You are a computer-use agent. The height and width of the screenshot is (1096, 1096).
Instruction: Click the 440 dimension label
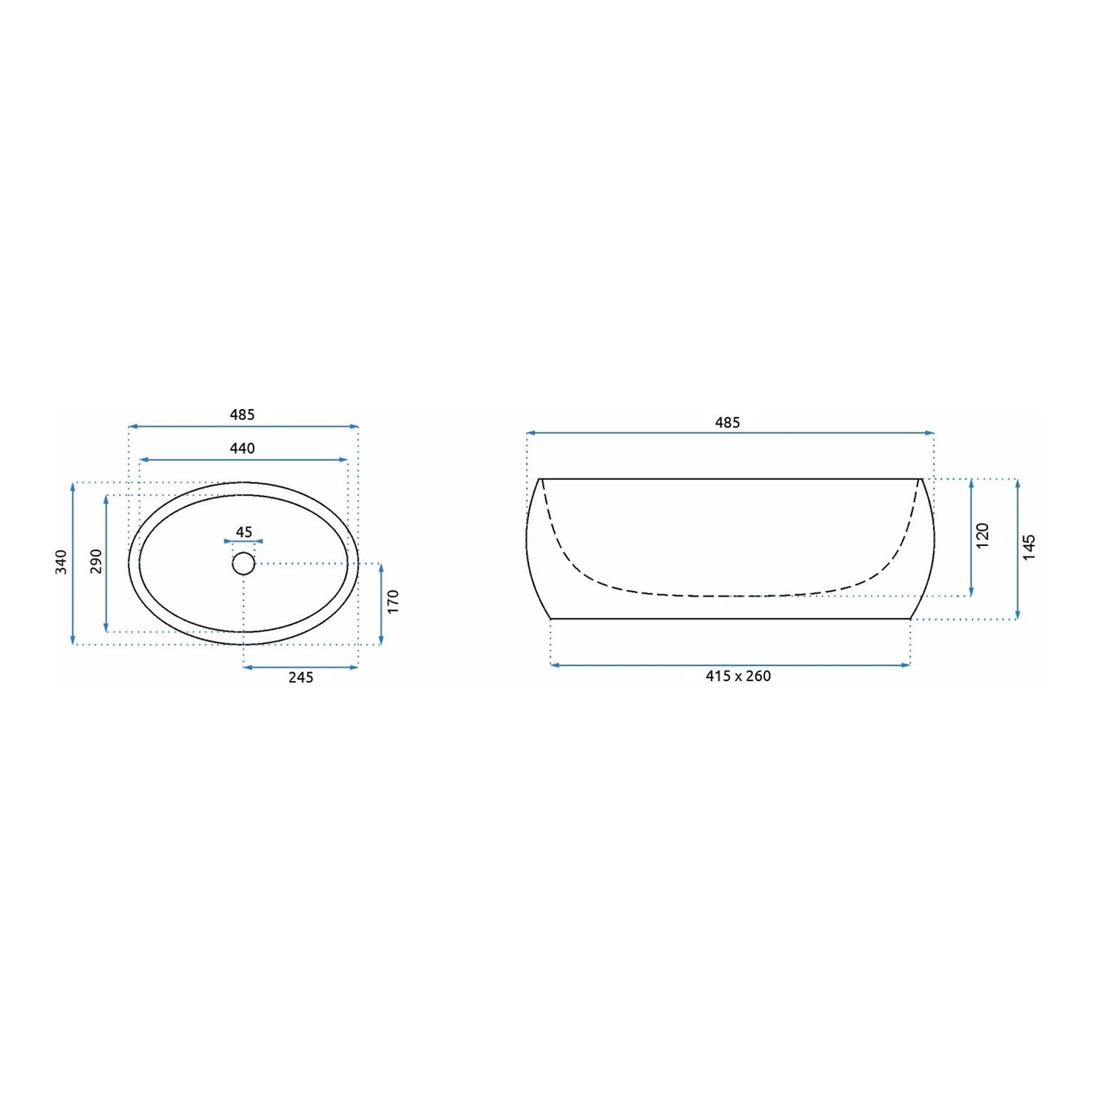242,448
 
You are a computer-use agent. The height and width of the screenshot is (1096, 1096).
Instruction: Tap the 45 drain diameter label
244,532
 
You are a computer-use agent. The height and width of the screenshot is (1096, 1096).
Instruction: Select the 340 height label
61,562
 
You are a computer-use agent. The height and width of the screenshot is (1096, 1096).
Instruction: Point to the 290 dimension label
96,561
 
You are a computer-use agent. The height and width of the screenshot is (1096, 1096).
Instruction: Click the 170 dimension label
393,601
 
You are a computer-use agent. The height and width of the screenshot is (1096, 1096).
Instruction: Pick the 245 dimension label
300,677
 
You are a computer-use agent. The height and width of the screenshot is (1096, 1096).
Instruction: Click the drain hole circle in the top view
243,563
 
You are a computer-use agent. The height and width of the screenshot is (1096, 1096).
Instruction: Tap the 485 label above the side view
727,422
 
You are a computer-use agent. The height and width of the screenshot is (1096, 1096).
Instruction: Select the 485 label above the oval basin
242,414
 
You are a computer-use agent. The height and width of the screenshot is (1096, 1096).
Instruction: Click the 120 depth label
982,536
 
